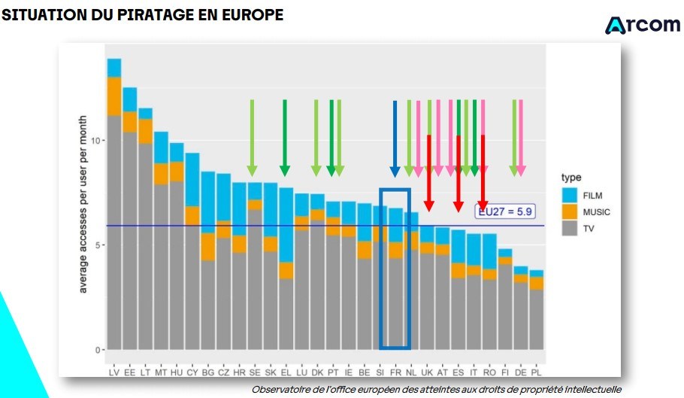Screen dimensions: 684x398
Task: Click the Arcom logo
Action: coord(642,25)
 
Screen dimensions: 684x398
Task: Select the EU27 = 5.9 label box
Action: coord(504,211)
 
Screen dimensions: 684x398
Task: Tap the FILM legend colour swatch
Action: coord(570,195)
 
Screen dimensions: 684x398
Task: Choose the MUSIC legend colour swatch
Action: coord(570,211)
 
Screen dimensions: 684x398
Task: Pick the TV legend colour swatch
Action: coord(570,228)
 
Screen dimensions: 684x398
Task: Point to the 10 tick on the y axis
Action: coord(96,141)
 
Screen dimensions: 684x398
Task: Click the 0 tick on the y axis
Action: coord(98,350)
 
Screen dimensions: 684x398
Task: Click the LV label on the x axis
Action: coord(113,372)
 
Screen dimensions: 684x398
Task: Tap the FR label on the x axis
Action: coord(395,372)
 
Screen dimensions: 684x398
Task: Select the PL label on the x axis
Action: coord(536,372)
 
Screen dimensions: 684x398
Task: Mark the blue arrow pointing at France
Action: coord(395,138)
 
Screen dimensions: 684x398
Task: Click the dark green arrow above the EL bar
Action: coord(285,138)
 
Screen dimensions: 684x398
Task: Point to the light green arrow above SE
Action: coord(252,138)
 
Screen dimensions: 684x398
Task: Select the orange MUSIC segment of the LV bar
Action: coord(114,96)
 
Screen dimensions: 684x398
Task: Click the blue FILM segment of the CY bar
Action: coord(192,180)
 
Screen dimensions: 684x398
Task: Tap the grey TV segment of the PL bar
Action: coord(537,320)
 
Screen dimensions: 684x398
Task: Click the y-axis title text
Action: coord(83,204)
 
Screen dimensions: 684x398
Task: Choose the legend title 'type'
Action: coord(571,178)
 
